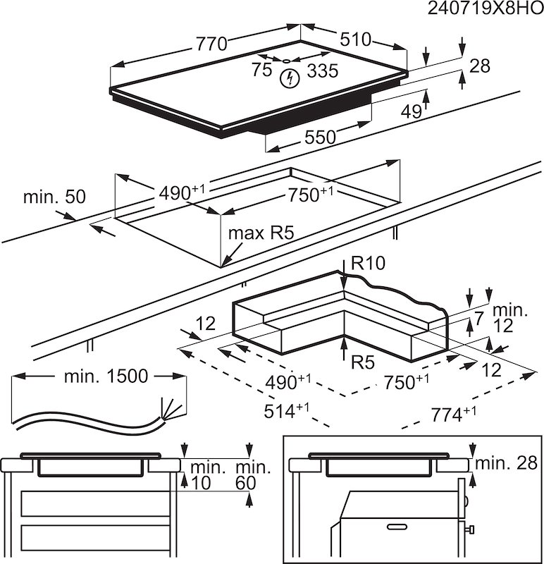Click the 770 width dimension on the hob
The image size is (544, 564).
coord(211,44)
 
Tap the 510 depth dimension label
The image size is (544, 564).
coord(357,39)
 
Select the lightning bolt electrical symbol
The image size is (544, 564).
coord(288,78)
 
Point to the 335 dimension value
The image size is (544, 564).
coord(323,70)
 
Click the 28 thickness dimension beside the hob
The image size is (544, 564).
coord(479,66)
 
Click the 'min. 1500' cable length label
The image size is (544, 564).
coord(106,376)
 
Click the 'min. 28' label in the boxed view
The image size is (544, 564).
coord(506,462)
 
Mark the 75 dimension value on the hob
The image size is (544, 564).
coord(261,70)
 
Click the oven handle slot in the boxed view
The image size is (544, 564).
coord(397,526)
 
